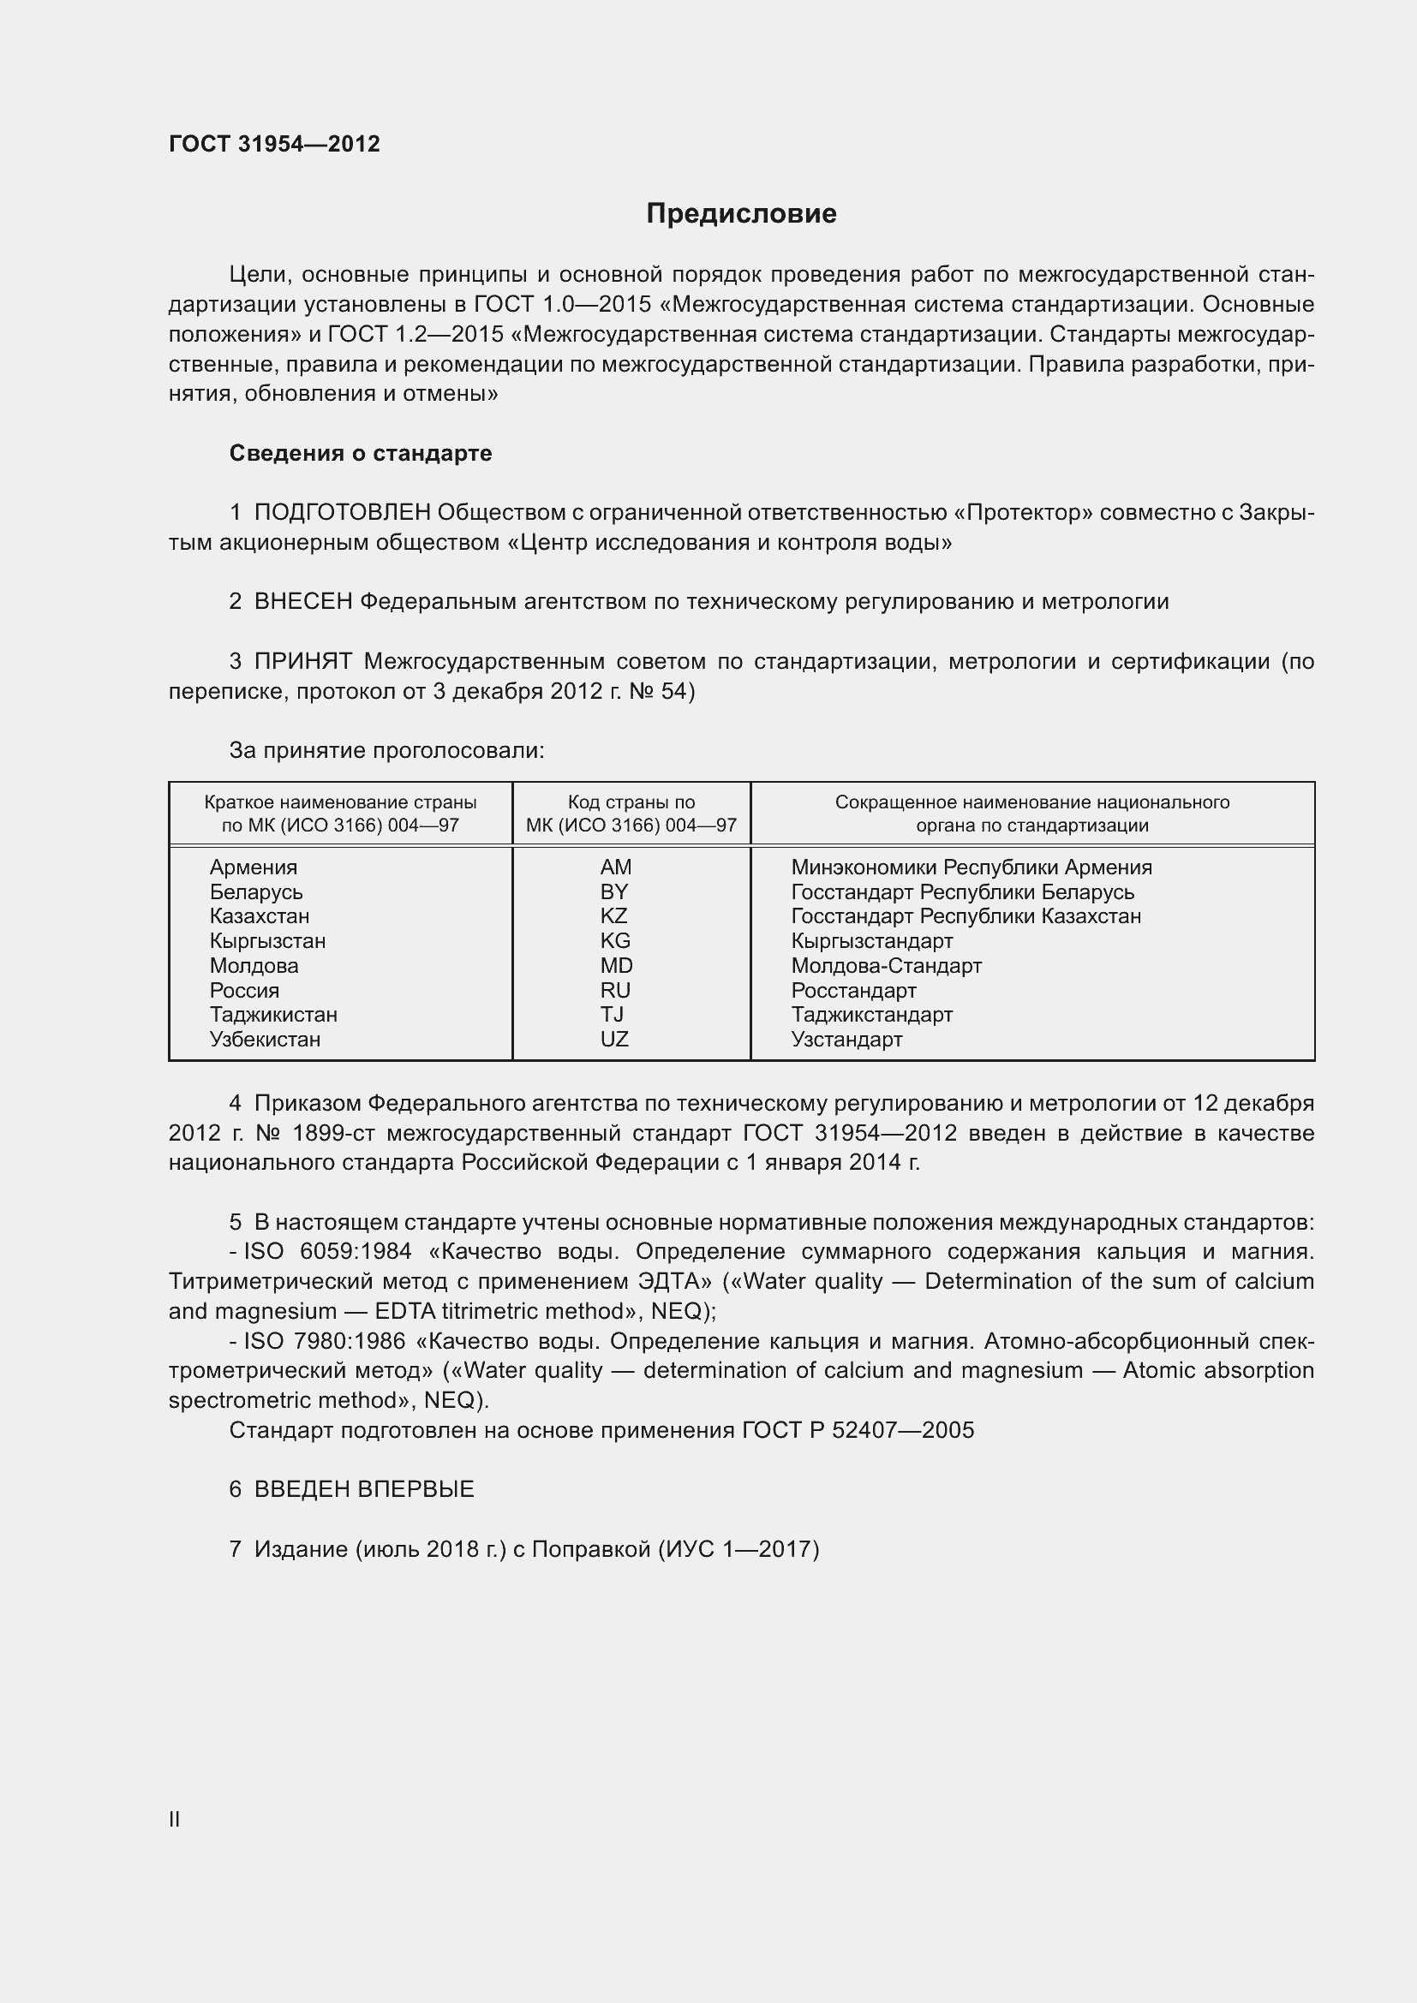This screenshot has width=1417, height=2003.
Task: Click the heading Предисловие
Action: (741, 214)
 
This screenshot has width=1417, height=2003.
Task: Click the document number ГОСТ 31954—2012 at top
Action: (274, 145)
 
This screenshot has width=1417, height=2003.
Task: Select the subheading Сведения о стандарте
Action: (361, 454)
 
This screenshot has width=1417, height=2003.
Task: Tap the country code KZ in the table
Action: (613, 916)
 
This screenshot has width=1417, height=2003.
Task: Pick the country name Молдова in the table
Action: (253, 966)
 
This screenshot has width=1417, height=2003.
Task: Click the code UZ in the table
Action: (613, 1039)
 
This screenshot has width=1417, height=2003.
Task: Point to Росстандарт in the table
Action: (853, 990)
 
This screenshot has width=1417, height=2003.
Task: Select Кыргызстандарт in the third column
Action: (871, 940)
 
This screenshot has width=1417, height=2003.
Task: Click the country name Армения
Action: (253, 867)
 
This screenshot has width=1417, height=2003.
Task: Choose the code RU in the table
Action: (614, 990)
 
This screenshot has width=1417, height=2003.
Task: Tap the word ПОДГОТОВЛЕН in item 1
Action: (342, 513)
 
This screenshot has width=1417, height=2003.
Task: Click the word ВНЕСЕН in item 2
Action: (302, 602)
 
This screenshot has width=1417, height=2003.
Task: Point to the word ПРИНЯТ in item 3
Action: (302, 661)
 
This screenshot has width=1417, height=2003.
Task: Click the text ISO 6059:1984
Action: (327, 1252)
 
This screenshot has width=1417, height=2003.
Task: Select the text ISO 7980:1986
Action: (327, 1341)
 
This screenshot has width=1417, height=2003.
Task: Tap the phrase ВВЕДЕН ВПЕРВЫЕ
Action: (364, 1489)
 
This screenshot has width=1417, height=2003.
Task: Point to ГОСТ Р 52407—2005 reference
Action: (858, 1430)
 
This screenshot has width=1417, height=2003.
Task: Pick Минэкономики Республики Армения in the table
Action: (972, 867)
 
